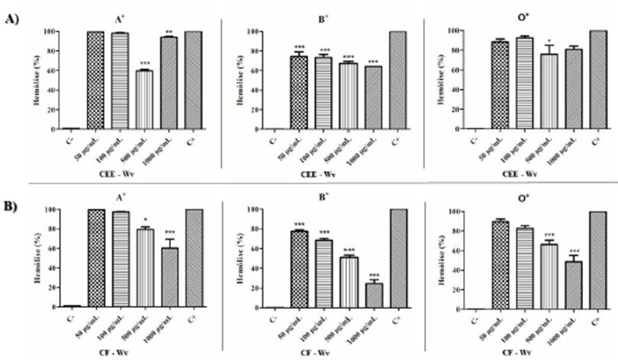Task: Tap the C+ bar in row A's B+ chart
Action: coord(398,80)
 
